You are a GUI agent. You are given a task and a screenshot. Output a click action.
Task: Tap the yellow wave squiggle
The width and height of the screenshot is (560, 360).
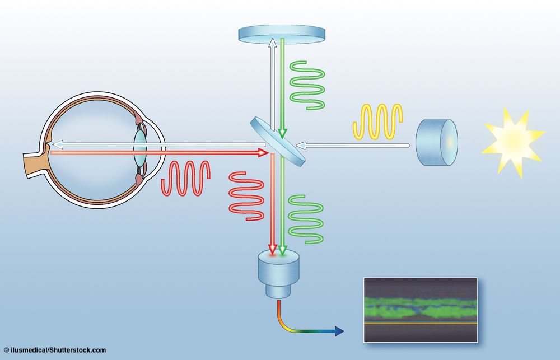tap(378, 121)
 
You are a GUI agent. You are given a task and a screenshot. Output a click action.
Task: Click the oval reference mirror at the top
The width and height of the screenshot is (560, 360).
tap(282, 33)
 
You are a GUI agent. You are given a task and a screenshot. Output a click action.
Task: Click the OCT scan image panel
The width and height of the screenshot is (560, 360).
tap(421, 310)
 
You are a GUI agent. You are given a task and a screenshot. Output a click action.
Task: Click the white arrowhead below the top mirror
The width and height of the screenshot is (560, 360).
tap(272, 43)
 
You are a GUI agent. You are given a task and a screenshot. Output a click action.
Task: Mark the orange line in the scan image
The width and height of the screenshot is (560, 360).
tap(421, 324)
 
